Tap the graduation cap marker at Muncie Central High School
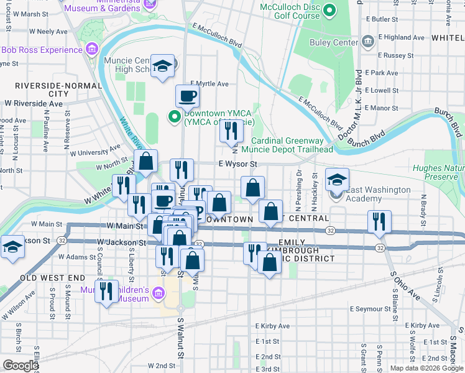pos(163,67)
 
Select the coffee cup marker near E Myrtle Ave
pos(187,96)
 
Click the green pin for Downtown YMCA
pos(175,116)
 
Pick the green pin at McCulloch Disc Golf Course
pos(329,11)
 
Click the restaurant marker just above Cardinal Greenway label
pos(231,131)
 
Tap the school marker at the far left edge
pos(12,247)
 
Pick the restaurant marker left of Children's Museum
pos(106,290)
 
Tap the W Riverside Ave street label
pos(34,103)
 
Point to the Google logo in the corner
pos(21,366)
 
